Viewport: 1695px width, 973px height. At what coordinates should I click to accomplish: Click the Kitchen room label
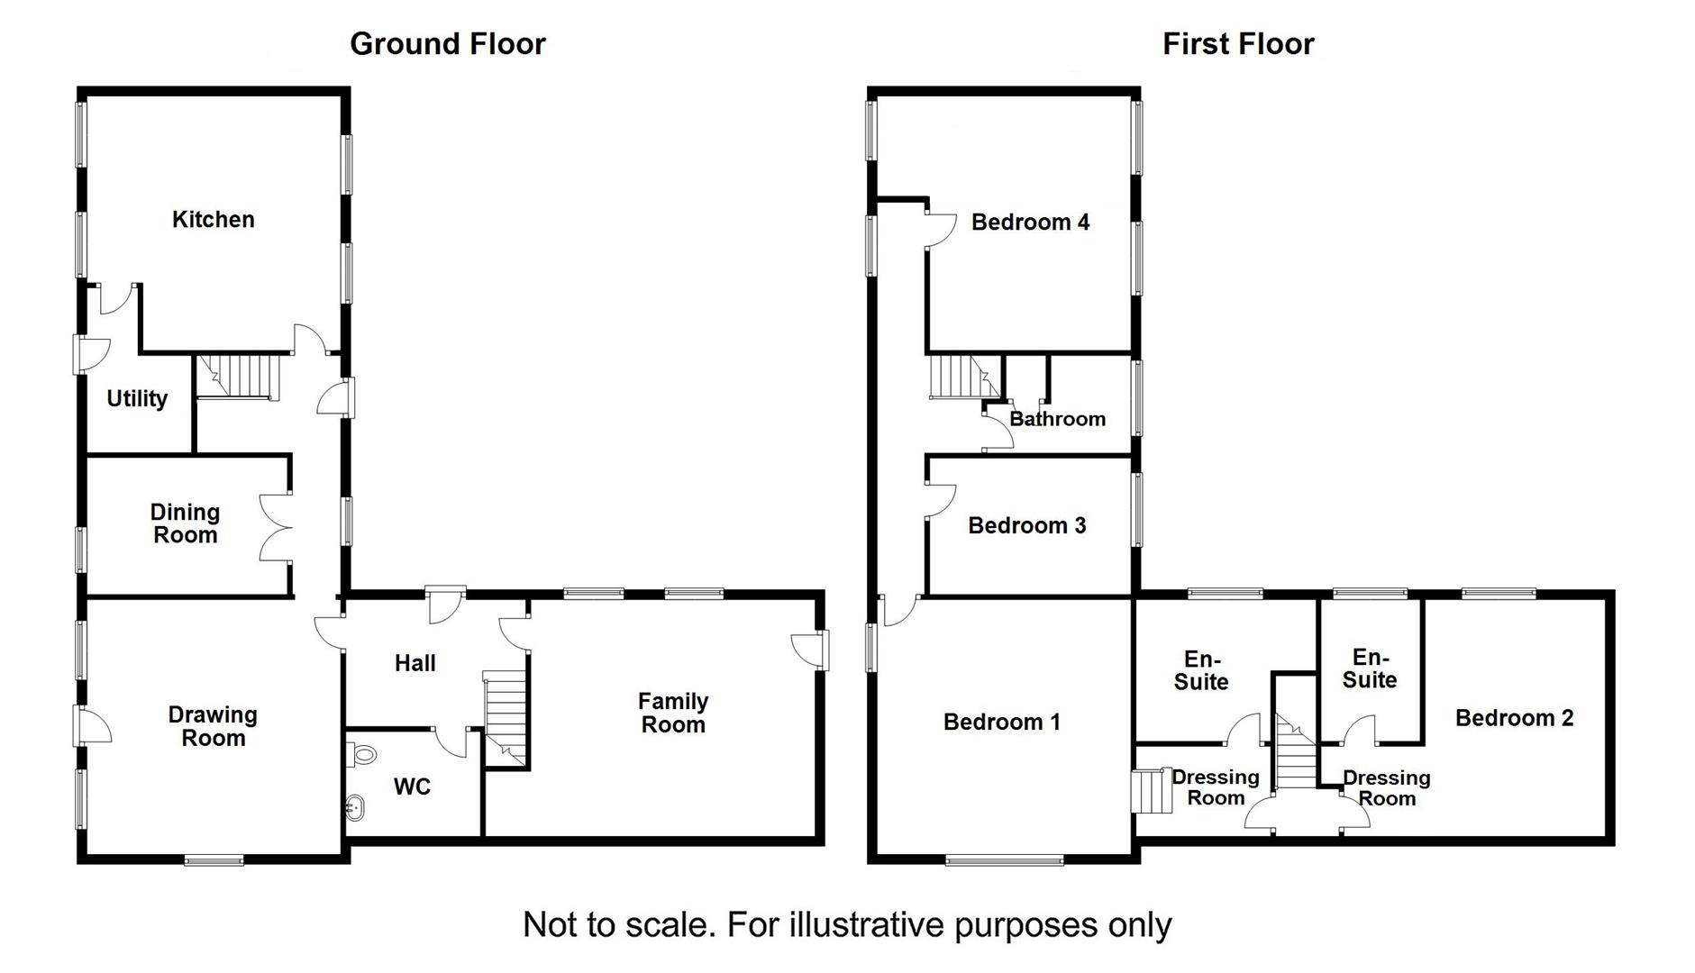tap(213, 220)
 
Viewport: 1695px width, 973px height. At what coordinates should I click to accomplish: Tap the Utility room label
tap(137, 398)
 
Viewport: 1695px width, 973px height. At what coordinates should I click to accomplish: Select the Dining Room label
tap(185, 523)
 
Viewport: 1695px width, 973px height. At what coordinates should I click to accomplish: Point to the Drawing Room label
tap(213, 726)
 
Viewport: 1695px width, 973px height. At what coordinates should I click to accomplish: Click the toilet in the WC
tap(362, 753)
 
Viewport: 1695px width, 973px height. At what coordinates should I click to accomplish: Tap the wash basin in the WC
tap(355, 807)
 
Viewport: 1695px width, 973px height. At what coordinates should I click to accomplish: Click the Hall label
tap(415, 664)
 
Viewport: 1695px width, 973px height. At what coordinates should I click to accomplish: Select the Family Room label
tap(673, 713)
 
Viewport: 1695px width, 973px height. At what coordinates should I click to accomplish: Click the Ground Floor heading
tap(447, 44)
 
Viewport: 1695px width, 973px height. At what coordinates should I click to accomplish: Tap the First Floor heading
tap(1237, 44)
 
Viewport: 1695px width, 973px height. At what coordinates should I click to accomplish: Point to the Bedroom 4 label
tap(1030, 223)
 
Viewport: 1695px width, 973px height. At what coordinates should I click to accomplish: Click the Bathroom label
tap(1057, 419)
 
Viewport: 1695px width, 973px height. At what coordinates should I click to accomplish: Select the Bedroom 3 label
tap(1026, 526)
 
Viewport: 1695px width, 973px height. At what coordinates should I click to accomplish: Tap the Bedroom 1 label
tap(1001, 722)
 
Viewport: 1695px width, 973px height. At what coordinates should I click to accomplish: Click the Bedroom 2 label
tap(1514, 718)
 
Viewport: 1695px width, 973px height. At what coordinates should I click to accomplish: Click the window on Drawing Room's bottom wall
tap(214, 860)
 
